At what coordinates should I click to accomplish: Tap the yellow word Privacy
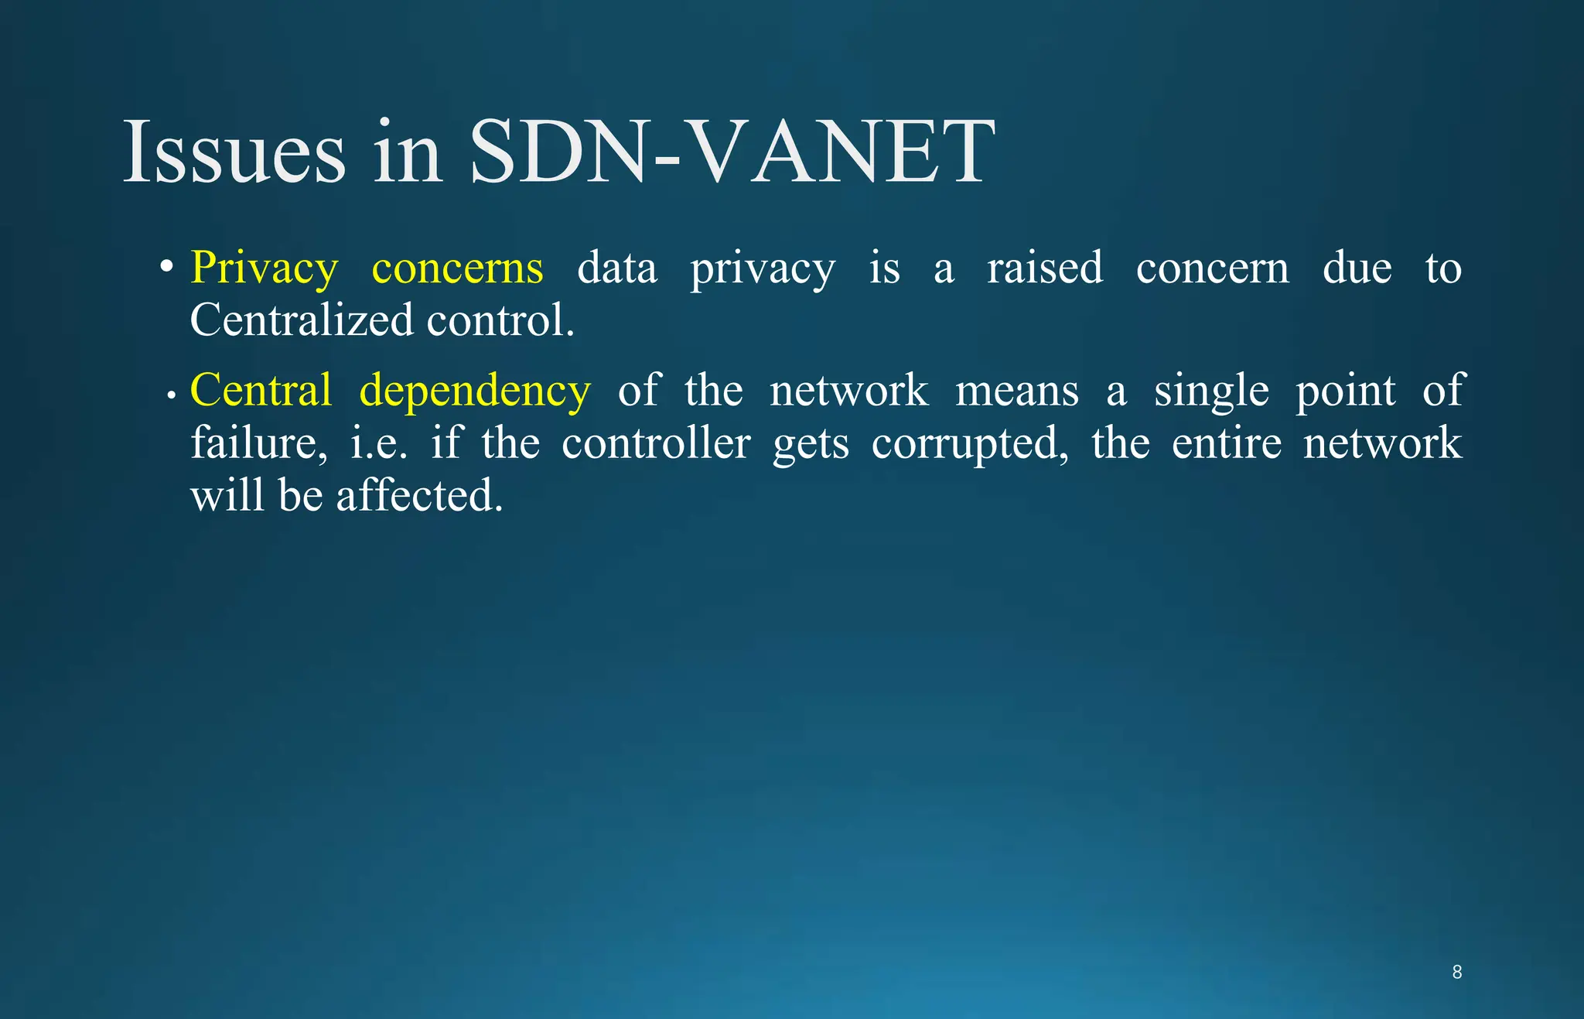tap(264, 268)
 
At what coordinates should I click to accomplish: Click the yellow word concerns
tap(457, 268)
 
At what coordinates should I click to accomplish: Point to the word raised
tap(1044, 268)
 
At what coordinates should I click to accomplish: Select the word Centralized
tap(301, 320)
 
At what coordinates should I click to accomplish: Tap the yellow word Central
tap(261, 390)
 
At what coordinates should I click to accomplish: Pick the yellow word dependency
tap(475, 392)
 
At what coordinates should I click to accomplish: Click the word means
tap(1016, 390)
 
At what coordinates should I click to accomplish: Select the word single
tap(1211, 392)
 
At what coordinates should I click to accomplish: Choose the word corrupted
tap(970, 444)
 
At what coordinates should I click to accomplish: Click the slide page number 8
tap(1456, 973)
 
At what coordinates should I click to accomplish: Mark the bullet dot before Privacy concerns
tap(166, 268)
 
